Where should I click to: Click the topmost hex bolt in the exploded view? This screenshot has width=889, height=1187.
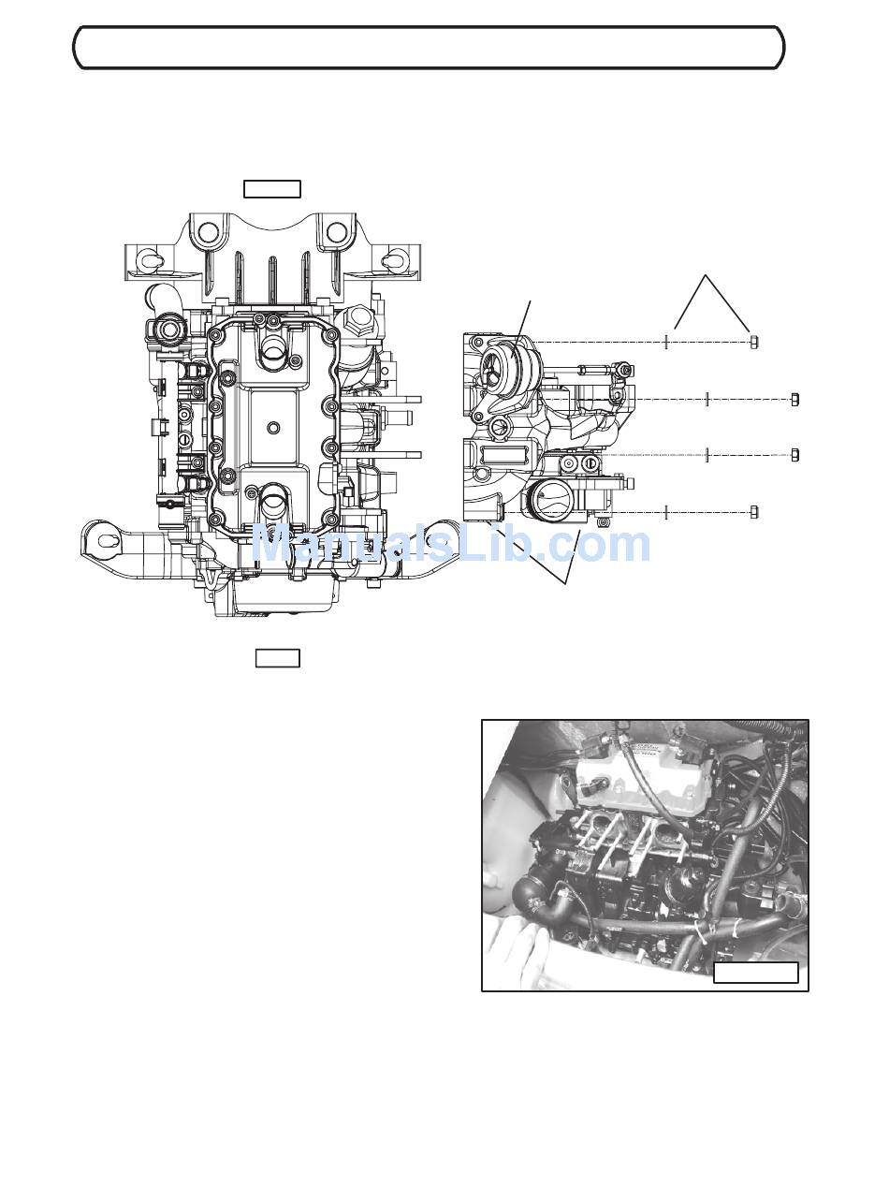tap(754, 342)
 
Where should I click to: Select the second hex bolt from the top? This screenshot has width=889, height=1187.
tap(795, 400)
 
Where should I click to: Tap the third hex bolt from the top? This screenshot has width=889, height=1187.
tap(795, 455)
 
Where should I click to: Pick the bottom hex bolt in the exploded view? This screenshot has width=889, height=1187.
tap(754, 512)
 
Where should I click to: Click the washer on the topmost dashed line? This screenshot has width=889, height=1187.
tap(666, 342)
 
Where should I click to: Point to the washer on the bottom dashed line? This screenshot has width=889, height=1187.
tap(666, 512)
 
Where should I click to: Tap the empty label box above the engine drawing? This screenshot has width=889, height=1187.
tap(272, 189)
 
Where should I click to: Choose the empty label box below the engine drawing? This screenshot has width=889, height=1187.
tap(278, 658)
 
